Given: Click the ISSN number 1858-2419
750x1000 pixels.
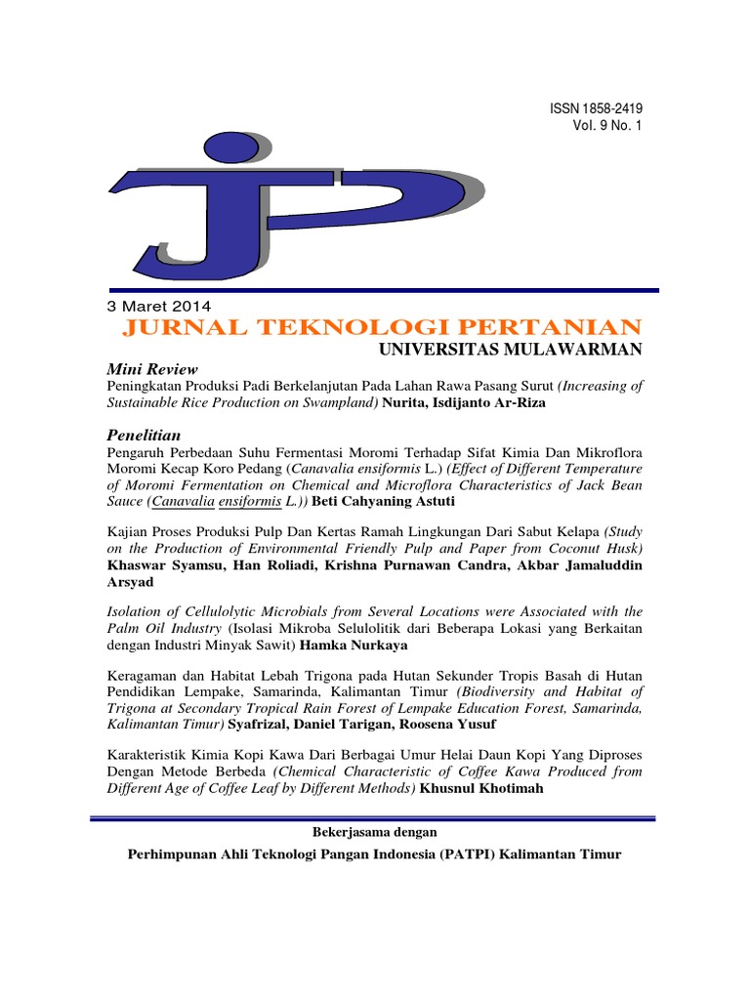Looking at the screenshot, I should pos(601,108).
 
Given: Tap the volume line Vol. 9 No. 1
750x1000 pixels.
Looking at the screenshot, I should pos(606,126).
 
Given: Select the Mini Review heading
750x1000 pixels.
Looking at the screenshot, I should pos(151,369).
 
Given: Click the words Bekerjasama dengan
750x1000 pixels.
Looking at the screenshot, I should pos(374,832).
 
